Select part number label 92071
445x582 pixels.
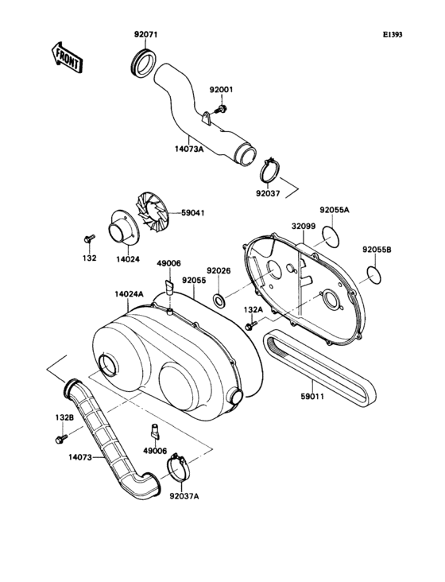point(146,36)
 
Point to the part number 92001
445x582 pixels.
point(222,89)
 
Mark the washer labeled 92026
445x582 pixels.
point(219,302)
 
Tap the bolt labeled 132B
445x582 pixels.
point(59,438)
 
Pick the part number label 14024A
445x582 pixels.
point(128,294)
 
